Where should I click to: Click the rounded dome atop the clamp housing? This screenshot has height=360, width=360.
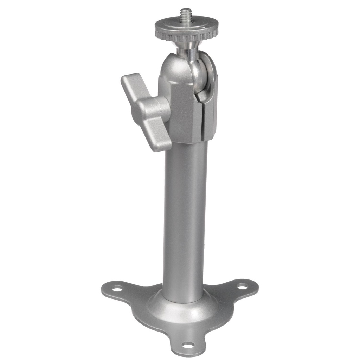(172, 65)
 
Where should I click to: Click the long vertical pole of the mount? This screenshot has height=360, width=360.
(185, 218)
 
